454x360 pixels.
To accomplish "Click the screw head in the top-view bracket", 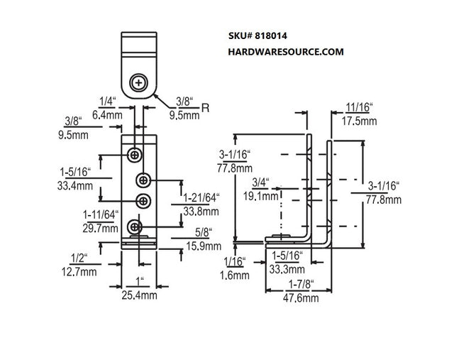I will (139, 84).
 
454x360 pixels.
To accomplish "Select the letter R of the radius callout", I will (205, 108).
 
